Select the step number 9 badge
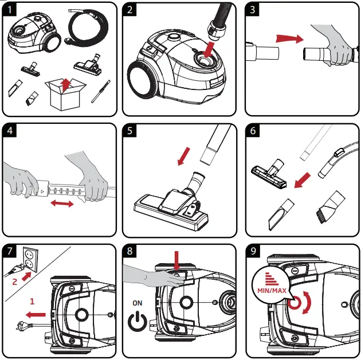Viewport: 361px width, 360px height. pos(254,253)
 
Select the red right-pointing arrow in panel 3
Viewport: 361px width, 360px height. pos(289,38)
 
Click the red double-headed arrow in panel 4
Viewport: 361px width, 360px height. pos(62,204)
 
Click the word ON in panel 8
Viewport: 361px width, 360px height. pos(137,302)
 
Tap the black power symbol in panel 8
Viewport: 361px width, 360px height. pos(137,322)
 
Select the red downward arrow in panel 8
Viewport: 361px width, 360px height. pos(178,263)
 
